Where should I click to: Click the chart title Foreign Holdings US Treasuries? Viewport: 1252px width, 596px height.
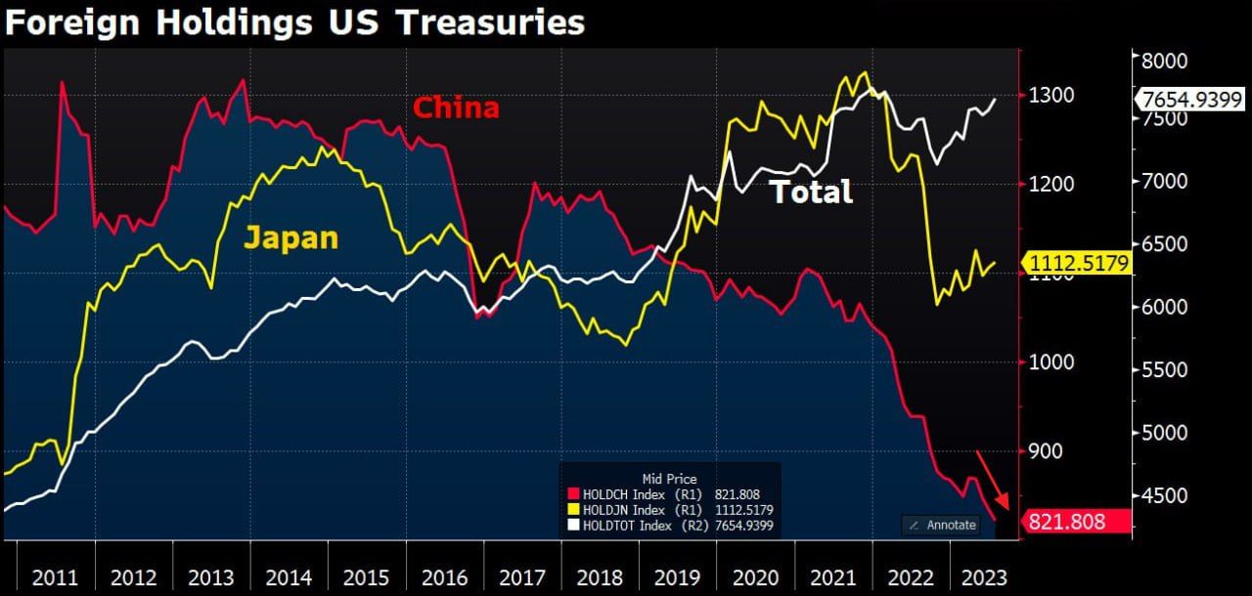(x=294, y=22)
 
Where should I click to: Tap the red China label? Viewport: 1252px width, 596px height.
(x=456, y=107)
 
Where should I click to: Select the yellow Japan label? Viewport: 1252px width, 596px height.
(x=291, y=237)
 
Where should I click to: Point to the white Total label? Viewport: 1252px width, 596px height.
(x=811, y=192)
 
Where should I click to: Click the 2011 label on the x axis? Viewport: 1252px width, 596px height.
(x=55, y=576)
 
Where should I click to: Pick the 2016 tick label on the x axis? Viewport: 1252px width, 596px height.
(x=445, y=576)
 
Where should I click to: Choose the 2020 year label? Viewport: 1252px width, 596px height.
(x=756, y=576)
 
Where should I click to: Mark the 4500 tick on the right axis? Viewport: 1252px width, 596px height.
(x=1164, y=496)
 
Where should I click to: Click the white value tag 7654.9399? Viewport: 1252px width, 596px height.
(x=1187, y=100)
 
